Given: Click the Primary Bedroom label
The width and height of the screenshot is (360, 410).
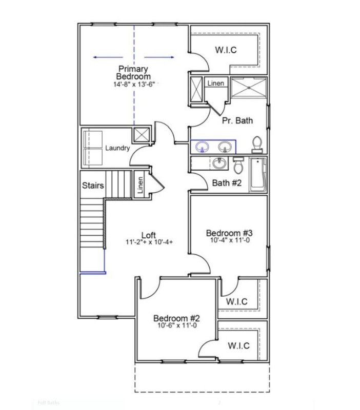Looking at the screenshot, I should pyautogui.click(x=133, y=72).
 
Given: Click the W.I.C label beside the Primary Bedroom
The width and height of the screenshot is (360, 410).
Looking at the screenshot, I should pyautogui.click(x=226, y=50).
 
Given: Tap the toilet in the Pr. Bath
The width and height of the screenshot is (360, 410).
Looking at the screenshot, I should pyautogui.click(x=257, y=144).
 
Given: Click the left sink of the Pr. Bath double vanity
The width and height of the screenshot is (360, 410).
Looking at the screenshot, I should pyautogui.click(x=203, y=147).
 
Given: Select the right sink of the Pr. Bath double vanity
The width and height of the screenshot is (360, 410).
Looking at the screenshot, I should pyautogui.click(x=224, y=147).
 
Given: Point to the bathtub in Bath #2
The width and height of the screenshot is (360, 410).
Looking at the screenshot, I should pyautogui.click(x=257, y=174).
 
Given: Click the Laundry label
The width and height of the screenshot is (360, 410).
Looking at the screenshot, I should pyautogui.click(x=117, y=149).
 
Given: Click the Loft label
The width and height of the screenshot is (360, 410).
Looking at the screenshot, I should pyautogui.click(x=148, y=235).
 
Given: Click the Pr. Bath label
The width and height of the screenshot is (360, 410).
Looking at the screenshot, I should pyautogui.click(x=237, y=121).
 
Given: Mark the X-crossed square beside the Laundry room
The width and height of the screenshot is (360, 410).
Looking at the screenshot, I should pyautogui.click(x=141, y=135).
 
